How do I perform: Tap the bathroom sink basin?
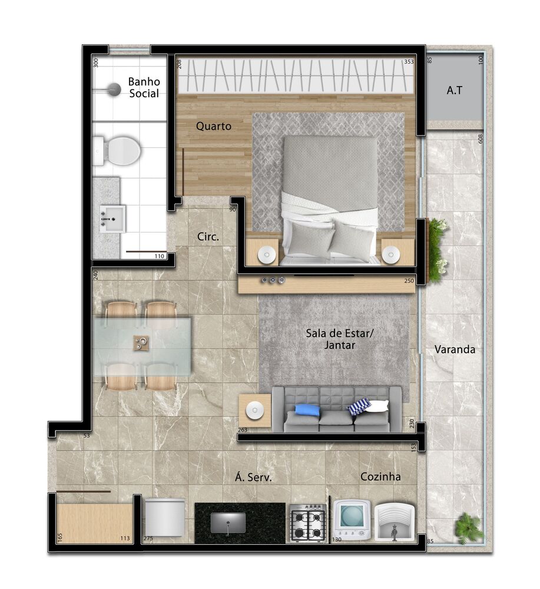tap(112, 219)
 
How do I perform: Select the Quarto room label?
tap(213, 126)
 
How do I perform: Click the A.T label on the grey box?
tap(453, 91)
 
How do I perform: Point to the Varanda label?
tap(455, 349)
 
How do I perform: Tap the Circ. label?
tap(208, 237)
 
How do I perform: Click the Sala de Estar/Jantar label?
tap(339, 339)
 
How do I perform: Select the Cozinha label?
tap(380, 477)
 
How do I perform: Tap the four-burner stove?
tap(307, 523)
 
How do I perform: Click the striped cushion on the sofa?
tap(360, 406)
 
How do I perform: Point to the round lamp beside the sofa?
tap(254, 411)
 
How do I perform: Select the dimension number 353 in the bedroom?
tap(409, 61)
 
